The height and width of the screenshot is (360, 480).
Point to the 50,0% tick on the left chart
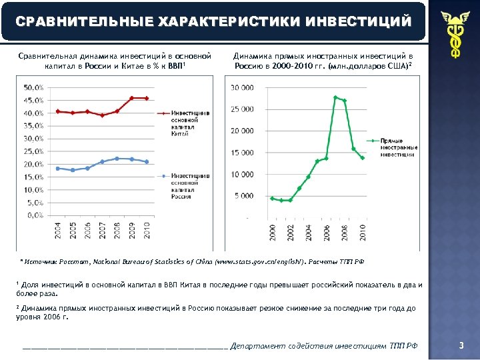coord(34,87)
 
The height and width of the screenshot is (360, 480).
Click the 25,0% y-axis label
coord(34,151)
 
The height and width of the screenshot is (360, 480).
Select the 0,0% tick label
coord(35,215)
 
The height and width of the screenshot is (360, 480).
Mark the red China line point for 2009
coord(132,98)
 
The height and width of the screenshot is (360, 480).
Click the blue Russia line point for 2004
coord(58,168)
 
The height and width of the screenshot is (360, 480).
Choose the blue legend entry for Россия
coord(190,186)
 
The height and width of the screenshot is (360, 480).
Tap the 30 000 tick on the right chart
coord(242,87)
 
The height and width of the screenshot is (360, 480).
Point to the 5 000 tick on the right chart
coord(243,196)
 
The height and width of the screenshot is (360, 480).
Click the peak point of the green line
coord(335,97)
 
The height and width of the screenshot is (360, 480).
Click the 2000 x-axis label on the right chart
coord(272,233)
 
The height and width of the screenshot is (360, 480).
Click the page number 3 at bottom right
coord(461,345)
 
